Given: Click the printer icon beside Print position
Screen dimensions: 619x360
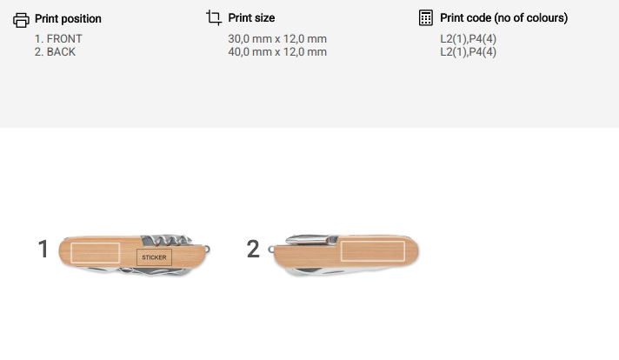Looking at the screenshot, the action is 21,20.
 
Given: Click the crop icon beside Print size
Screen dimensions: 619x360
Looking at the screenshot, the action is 214,17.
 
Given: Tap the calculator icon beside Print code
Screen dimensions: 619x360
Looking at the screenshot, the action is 426,17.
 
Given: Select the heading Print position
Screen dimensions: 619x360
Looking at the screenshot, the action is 68,18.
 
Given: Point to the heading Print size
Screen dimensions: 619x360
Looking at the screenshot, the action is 251,17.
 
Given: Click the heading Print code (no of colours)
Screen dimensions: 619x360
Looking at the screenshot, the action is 503,17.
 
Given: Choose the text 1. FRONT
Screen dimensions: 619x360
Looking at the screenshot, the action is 58,38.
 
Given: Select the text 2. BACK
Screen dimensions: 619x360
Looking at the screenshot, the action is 55,51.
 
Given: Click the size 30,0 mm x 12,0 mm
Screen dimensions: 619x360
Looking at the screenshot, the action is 277,38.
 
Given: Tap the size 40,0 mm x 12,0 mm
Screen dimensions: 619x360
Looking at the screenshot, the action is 277,51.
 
